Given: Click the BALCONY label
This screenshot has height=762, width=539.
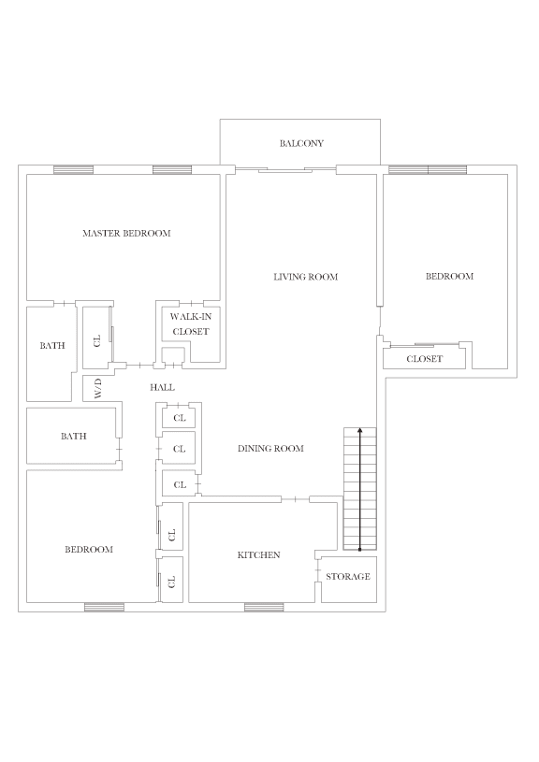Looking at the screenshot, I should click(x=301, y=143).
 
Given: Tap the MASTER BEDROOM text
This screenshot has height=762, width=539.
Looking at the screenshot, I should click(x=126, y=233).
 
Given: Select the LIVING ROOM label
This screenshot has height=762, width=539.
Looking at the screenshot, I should click(x=305, y=277).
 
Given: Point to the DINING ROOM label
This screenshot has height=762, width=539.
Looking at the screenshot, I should click(x=270, y=449).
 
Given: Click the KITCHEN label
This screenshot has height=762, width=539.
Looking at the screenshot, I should click(x=258, y=555).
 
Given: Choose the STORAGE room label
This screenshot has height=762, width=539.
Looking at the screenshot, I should click(x=348, y=577).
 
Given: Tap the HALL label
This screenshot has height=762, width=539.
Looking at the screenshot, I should click(x=162, y=387).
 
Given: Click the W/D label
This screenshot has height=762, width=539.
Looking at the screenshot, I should click(x=96, y=387).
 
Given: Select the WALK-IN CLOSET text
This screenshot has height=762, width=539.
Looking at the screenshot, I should click(x=191, y=324).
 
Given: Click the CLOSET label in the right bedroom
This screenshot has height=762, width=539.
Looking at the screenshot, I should click(x=425, y=359).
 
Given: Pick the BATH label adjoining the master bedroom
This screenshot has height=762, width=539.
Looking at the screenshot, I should click(x=52, y=346).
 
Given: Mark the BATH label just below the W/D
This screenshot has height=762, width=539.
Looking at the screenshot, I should click(x=73, y=437).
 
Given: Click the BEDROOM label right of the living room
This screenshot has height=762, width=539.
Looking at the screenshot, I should click(x=449, y=277).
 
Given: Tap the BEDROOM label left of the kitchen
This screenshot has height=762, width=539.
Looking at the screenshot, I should click(x=88, y=550).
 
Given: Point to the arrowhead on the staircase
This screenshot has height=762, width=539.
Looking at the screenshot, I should click(x=360, y=432).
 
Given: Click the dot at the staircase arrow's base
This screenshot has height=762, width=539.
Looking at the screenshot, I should click(x=360, y=550).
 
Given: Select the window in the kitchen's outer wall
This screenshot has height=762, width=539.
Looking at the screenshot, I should click(x=264, y=607).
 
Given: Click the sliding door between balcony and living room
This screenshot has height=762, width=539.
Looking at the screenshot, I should click(x=285, y=169).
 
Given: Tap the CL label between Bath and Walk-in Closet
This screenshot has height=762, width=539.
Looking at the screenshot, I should click(x=97, y=339).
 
